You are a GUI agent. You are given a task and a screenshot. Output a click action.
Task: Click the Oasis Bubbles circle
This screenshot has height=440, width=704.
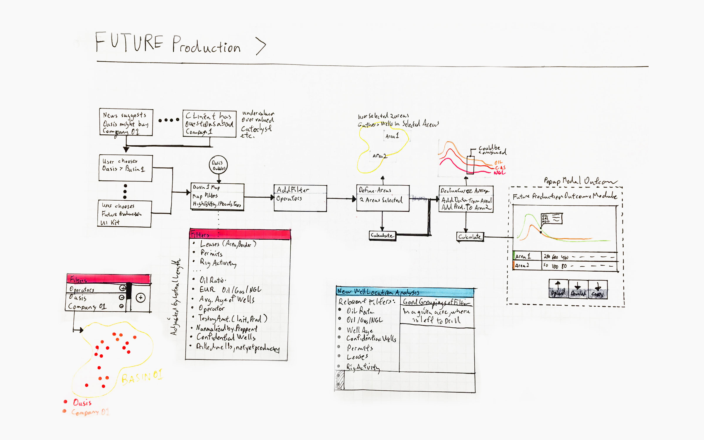coord(218,165)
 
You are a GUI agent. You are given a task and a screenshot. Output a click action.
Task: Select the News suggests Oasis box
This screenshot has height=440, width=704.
coord(126,122)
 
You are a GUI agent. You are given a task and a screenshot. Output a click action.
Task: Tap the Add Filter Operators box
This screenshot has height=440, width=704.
coord(300,198)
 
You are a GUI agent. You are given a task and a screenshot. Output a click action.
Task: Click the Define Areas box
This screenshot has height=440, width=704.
coord(383,198)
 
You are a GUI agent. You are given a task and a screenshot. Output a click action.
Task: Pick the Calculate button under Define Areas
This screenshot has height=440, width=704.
coord(382,236)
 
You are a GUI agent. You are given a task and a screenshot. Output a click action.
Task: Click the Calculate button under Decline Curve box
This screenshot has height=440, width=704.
coord(470,237)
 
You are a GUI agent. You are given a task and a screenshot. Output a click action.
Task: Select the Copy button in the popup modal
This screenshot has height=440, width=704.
coord(598,290)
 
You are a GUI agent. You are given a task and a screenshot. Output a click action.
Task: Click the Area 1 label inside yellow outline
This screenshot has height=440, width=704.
coord(392,136)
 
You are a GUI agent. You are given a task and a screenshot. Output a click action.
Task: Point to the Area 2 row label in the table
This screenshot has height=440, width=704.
coord(522,266)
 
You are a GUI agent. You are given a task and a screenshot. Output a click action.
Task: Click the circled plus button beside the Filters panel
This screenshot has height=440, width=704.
coord(141,298)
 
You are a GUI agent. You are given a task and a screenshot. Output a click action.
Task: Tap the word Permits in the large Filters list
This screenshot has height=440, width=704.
coord(211,253)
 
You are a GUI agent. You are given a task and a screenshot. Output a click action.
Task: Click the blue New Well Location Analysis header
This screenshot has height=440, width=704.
coord(405,292)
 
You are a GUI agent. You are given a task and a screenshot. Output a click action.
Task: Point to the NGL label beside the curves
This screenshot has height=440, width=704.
coord(499,173)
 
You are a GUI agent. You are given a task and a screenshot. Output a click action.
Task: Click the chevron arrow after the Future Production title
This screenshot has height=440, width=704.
coord(261,46)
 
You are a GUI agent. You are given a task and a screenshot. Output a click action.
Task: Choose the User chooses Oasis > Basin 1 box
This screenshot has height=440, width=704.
coord(126,168)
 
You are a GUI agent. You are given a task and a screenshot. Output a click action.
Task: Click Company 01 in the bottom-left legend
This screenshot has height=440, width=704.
coord(90,412)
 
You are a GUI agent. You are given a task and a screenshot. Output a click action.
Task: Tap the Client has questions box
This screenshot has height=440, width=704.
coord(209,123)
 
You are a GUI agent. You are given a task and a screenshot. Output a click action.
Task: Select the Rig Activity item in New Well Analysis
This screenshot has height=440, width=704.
coord(363,367)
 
